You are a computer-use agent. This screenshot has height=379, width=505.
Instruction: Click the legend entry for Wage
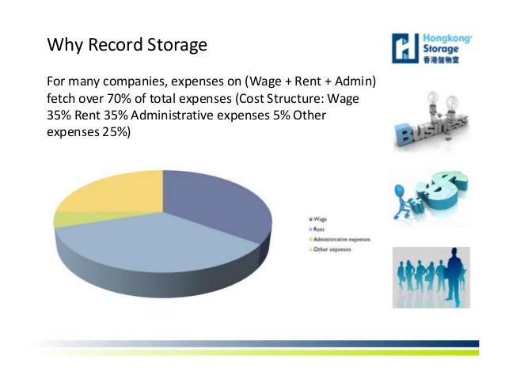point(321,218)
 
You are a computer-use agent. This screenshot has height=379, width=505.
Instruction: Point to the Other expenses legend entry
point(331,250)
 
